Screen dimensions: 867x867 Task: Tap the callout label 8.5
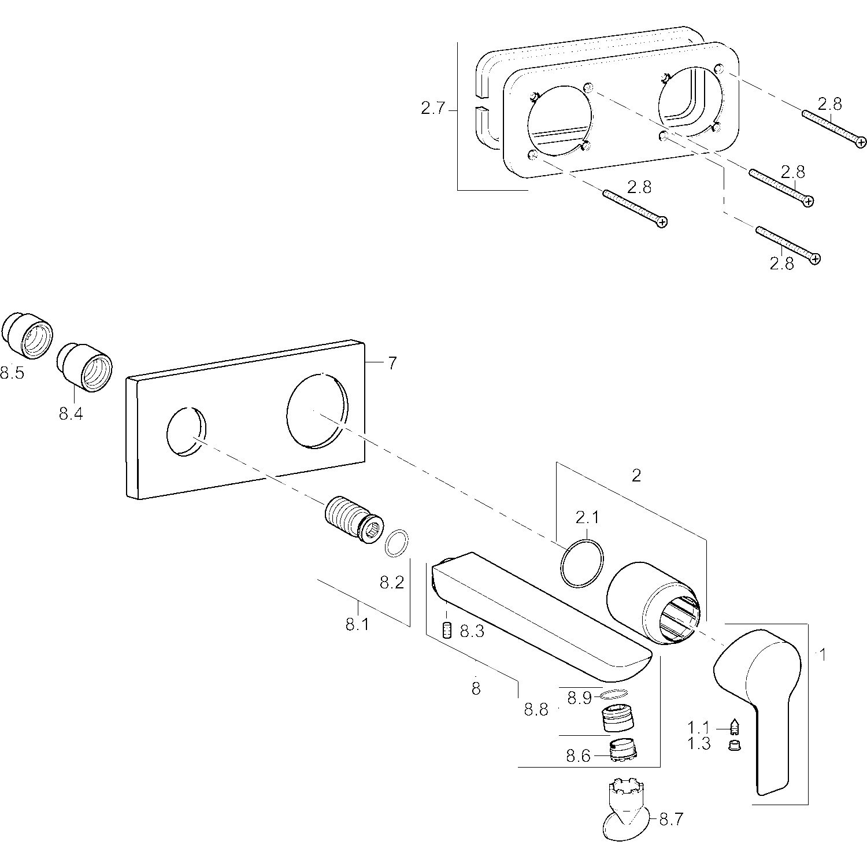(12, 373)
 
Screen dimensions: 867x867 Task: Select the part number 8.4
(71, 414)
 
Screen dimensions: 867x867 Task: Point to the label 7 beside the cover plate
(392, 364)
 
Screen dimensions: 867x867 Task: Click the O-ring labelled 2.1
(582, 563)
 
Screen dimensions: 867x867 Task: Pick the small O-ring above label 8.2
(397, 543)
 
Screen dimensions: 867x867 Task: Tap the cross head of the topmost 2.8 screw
(861, 142)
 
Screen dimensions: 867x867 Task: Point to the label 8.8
(536, 709)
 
